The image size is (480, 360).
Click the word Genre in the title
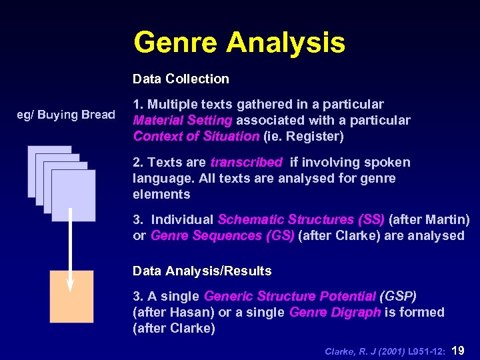coord(175,43)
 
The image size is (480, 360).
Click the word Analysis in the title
coord(285,43)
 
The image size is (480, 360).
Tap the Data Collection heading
coord(181,79)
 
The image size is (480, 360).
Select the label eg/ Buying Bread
coord(66,115)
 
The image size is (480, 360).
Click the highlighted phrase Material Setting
coord(183,121)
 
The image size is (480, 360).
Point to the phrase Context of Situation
coord(196,137)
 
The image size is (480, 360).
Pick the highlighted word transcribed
coord(247,163)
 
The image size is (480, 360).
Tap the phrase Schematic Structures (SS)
coord(301,219)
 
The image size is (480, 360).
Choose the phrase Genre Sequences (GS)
coord(223,235)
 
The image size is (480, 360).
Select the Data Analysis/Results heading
coord(202,271)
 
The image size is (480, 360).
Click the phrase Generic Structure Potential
coord(290,296)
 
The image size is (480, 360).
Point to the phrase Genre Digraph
coord(335,312)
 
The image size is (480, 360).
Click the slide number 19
coord(459,349)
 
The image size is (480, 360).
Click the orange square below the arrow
coord(71,297)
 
